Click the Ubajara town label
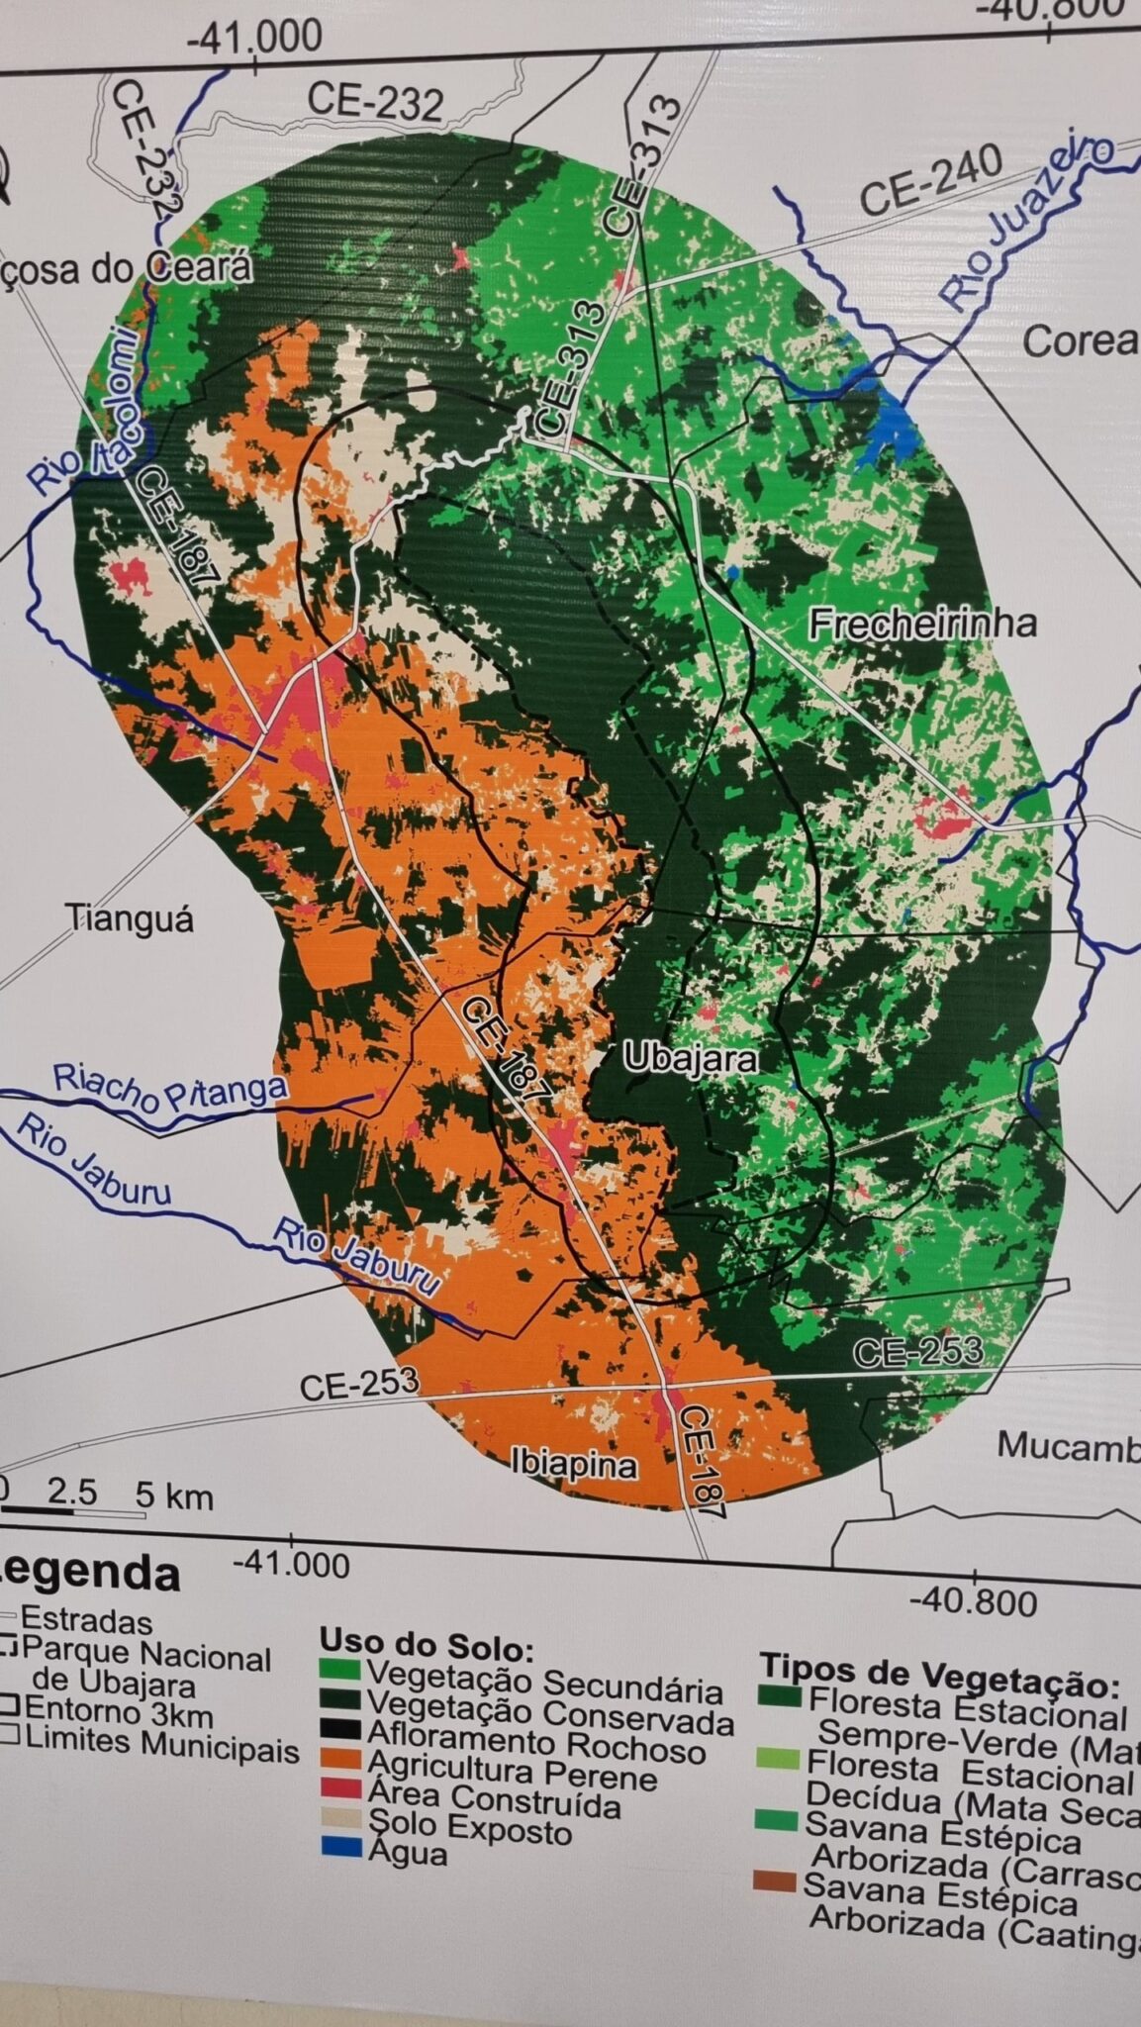coord(691,1059)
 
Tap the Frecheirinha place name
coord(922,624)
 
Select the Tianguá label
coord(130,918)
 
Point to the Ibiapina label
coord(574,1463)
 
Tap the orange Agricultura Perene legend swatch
coord(339,1762)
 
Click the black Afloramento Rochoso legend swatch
coord(339,1732)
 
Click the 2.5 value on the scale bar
coord(71,1492)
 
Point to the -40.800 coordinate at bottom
coord(973,1600)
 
